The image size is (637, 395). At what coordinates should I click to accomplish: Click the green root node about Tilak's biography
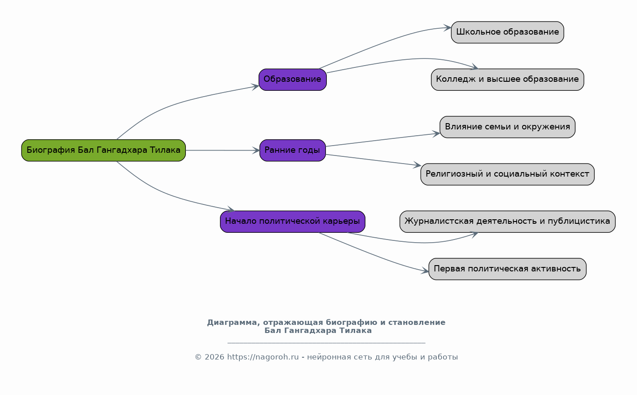104,150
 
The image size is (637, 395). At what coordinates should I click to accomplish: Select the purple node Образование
293,80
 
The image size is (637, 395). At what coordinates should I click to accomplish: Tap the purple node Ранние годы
293,150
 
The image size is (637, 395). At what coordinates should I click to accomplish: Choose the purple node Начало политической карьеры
293,222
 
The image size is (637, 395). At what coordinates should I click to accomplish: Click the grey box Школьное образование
507,32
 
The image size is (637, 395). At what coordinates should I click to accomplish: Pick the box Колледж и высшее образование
507,80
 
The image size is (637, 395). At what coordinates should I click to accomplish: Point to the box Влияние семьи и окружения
507,127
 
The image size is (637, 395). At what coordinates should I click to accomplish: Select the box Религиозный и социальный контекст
507,174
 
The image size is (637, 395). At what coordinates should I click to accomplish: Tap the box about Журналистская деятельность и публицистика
507,222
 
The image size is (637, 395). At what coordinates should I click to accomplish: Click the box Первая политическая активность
507,269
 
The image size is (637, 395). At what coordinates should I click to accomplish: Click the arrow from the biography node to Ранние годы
223,150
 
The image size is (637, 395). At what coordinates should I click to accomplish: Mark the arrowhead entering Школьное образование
447,27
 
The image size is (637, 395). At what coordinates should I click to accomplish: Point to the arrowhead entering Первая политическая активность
425,271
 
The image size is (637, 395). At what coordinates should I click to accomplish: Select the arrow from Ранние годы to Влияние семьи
383,140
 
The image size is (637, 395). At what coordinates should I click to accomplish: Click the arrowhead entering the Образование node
255,87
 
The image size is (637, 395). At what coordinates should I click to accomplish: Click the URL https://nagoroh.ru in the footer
263,357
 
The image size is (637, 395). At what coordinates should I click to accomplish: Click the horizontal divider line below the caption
326,343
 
